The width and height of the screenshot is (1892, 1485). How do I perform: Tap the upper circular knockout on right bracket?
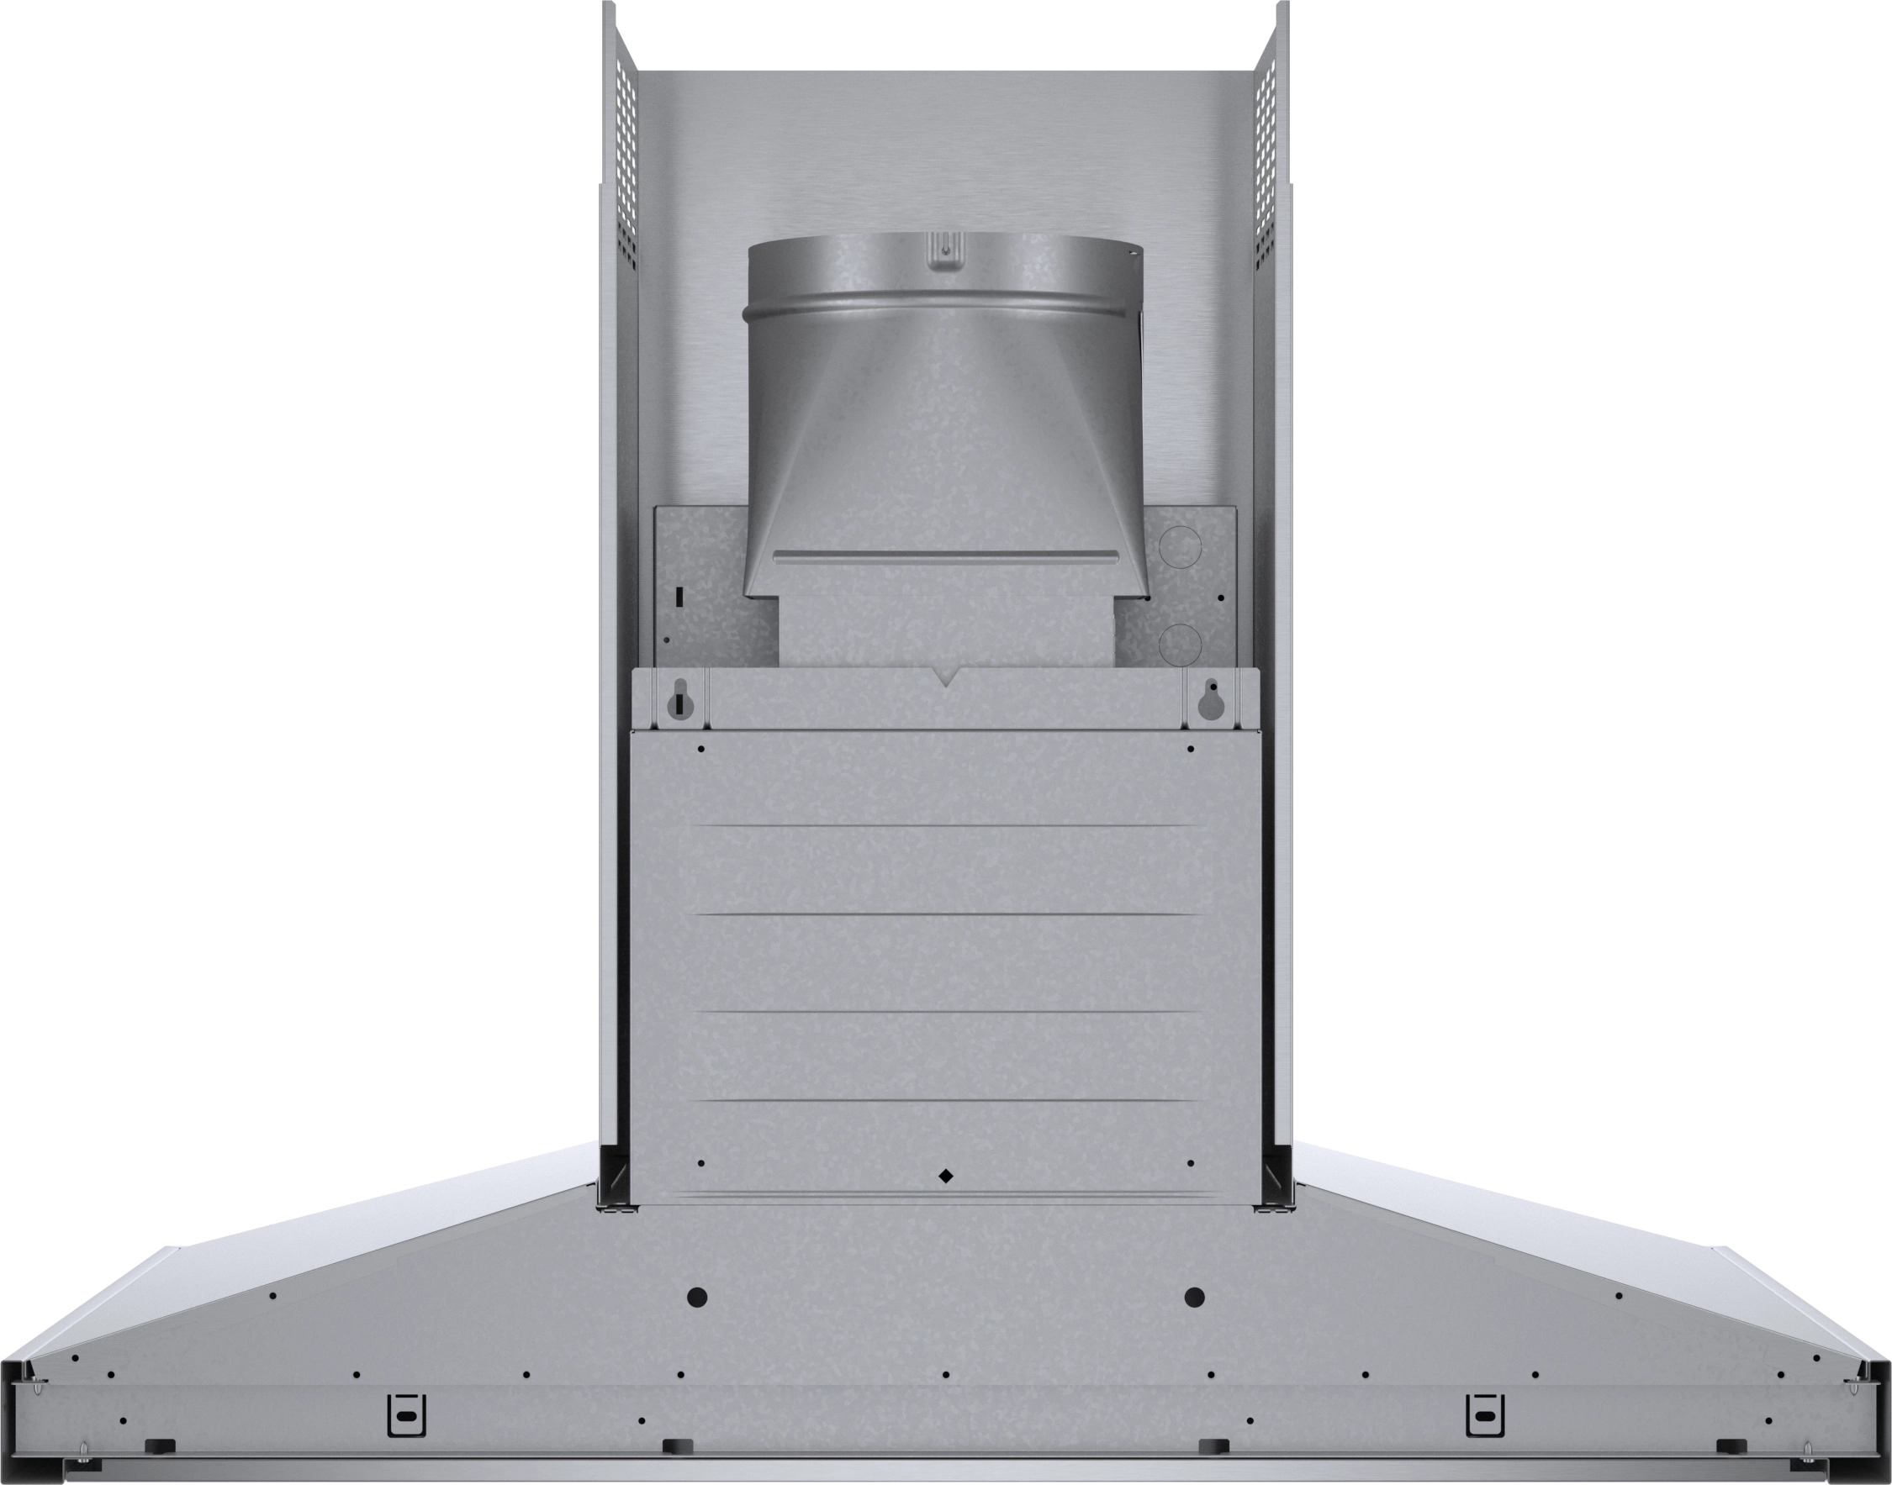(x=1181, y=546)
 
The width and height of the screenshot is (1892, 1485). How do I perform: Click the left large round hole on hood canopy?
(x=697, y=1298)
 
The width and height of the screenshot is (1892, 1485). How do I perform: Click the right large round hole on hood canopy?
(x=1194, y=1298)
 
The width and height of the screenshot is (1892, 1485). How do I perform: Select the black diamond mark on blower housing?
(x=945, y=1177)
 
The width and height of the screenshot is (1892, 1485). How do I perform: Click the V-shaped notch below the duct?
(x=945, y=677)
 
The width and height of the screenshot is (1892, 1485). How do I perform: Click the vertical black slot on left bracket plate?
(x=679, y=598)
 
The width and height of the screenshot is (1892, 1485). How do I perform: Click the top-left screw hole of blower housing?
(x=701, y=749)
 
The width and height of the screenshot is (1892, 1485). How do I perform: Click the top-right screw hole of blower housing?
(x=1191, y=749)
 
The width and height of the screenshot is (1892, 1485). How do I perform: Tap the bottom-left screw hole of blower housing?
(x=701, y=1162)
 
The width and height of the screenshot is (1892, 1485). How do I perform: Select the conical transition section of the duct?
(x=943, y=434)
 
